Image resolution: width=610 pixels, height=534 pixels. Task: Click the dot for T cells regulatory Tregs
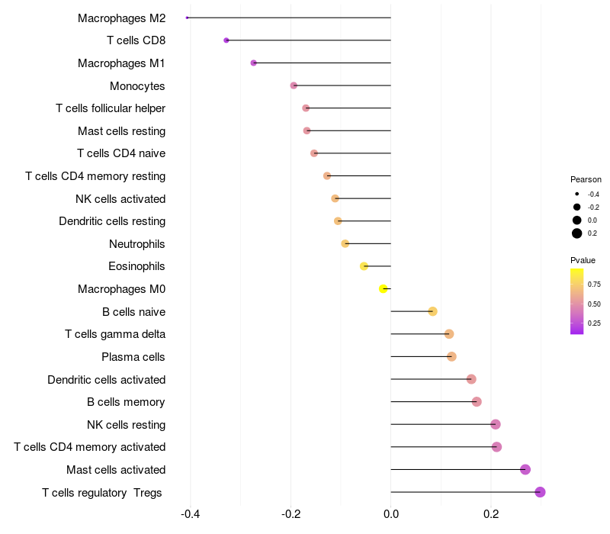point(540,492)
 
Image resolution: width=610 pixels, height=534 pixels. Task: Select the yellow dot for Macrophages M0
point(384,288)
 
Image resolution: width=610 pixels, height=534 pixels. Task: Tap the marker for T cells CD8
point(226,40)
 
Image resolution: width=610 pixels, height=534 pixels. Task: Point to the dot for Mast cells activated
point(525,469)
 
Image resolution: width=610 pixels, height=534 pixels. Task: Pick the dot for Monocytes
point(294,85)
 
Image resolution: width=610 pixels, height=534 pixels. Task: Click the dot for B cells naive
point(432,311)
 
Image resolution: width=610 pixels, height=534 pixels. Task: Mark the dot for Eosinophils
point(364,266)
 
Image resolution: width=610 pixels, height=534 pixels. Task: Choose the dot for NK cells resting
point(496,424)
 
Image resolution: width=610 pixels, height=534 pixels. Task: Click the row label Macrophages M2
point(121,18)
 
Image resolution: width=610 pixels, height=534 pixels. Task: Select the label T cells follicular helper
point(111,108)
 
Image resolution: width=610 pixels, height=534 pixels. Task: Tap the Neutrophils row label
point(137,244)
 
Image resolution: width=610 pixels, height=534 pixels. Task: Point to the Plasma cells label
point(133,357)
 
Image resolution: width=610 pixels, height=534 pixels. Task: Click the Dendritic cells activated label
point(106,379)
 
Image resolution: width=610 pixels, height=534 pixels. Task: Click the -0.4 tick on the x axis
point(191,514)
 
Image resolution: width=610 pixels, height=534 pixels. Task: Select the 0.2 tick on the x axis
point(491,514)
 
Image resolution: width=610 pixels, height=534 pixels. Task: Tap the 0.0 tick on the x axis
point(391,514)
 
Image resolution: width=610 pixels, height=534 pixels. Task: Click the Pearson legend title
point(586,179)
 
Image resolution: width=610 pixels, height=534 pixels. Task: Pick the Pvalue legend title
point(583,260)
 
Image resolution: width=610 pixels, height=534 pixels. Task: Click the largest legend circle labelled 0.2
point(577,233)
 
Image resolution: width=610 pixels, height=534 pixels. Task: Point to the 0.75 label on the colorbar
point(594,285)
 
